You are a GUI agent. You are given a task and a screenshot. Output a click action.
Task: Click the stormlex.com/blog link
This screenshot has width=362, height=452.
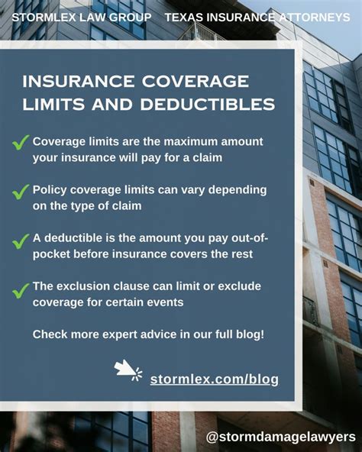(215, 379)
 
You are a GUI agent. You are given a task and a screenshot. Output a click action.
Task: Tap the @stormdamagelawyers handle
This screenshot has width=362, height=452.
(281, 437)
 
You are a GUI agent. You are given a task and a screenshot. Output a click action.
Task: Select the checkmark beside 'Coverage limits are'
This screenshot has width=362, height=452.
(21, 143)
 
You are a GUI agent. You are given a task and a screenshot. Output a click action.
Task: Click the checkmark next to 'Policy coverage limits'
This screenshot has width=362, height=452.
(21, 192)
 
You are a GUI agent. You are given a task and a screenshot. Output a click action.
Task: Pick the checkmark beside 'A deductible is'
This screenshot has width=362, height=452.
(21, 241)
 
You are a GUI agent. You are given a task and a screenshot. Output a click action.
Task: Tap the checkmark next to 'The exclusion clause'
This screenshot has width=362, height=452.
(21, 290)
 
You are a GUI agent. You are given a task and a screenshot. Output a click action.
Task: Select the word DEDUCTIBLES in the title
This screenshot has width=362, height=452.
(208, 104)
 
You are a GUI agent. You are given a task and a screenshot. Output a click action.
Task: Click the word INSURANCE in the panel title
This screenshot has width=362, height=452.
(79, 81)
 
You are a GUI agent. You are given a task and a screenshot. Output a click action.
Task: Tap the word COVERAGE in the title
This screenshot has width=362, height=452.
(196, 81)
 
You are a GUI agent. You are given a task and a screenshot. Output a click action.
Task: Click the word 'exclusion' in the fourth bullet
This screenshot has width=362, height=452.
(83, 286)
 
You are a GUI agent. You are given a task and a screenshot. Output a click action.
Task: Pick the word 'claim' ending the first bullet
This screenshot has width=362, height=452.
(208, 158)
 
